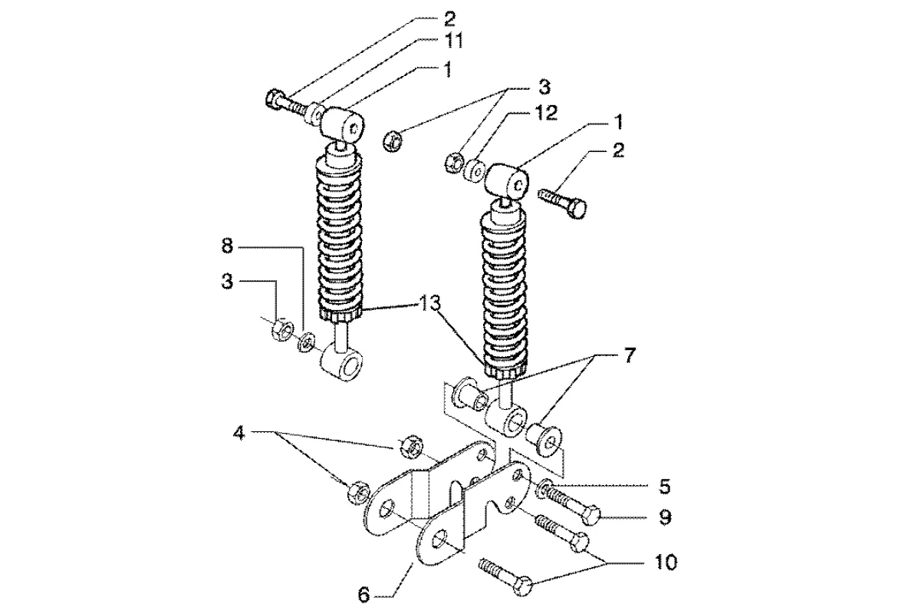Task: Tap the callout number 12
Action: coord(547,113)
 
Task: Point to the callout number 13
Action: coord(431,305)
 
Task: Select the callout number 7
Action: coord(628,355)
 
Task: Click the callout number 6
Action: coord(364,595)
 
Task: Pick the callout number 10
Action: coord(665,562)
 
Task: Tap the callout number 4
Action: coord(238,434)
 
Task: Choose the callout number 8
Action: coord(228,247)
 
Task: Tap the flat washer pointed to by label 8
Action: coord(306,342)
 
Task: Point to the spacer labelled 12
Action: coord(474,170)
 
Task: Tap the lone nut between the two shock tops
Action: coord(392,140)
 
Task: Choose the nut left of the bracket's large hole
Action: coord(357,492)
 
